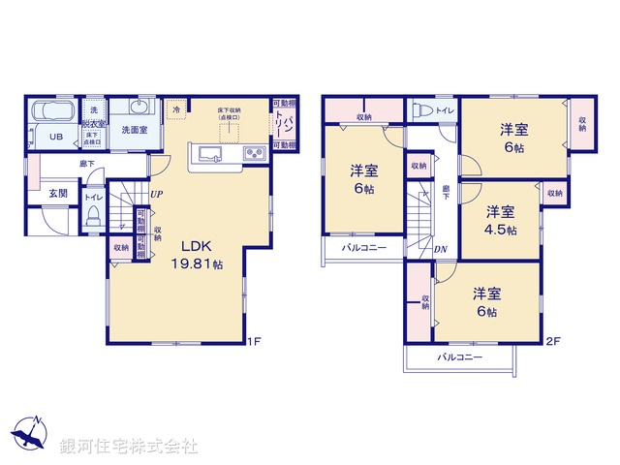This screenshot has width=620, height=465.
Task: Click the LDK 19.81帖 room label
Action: click(200, 254)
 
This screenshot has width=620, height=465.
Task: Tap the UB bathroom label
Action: click(56, 138)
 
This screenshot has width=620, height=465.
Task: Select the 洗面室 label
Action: click(135, 129)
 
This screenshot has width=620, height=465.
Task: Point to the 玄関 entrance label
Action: click(59, 193)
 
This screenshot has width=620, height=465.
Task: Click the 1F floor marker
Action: click(254, 340)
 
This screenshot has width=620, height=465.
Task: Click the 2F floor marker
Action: click(551, 340)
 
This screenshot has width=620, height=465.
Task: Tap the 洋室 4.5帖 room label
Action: click(500, 220)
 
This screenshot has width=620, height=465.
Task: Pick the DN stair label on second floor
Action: click(440, 251)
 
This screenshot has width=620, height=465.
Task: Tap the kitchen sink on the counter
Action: click(211, 154)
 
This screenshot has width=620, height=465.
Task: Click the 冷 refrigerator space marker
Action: click(176, 110)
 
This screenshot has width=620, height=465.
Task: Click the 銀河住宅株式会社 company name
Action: click(128, 447)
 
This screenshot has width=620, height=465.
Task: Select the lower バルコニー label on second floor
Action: click(460, 357)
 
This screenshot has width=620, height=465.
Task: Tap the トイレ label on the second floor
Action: click(445, 110)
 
